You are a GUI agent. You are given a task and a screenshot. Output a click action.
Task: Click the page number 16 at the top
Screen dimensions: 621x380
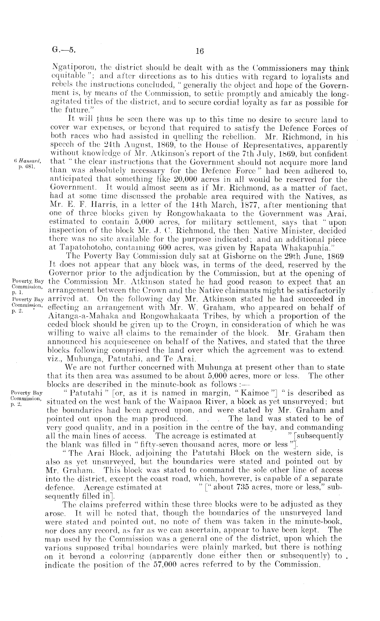coord(200,51)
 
